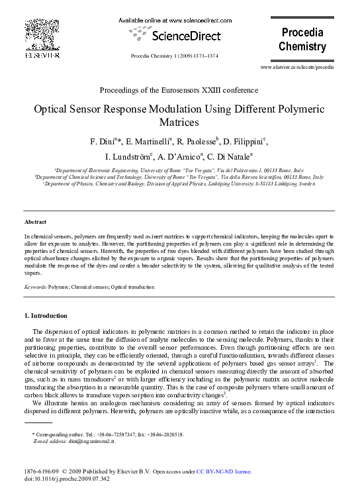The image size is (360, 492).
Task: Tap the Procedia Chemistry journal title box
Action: coord(302,40)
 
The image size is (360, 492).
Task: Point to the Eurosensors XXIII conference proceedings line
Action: coord(179,90)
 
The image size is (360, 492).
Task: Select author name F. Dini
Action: coord(104,142)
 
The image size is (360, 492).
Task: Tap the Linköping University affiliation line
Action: coord(180,184)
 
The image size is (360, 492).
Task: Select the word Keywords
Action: coord(34,287)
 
